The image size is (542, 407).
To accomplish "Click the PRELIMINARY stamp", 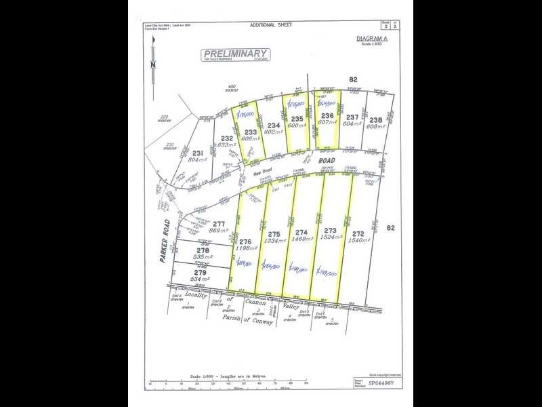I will (236, 54).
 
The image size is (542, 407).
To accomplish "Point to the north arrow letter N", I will (154, 64).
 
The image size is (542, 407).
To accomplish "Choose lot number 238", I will (376, 120).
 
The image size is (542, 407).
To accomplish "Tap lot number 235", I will (296, 118).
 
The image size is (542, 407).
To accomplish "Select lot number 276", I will (245, 241).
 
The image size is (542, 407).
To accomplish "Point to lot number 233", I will (250, 132).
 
